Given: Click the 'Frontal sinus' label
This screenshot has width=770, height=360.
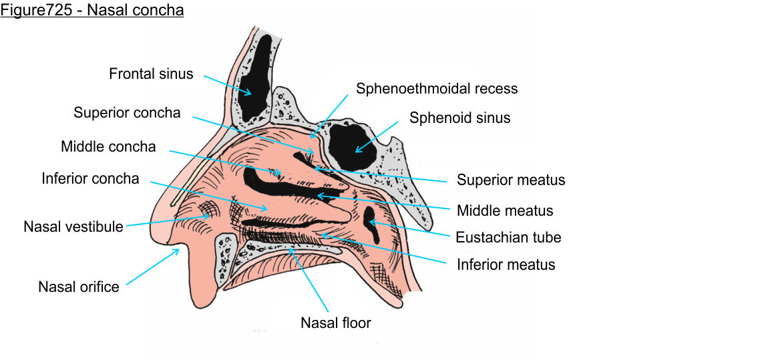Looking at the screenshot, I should (x=151, y=73).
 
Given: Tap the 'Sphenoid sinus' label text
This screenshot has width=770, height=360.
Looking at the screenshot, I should (x=459, y=118).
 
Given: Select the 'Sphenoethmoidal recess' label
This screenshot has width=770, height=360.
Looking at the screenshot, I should (x=437, y=88).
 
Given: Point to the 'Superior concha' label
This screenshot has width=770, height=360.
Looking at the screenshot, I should (x=127, y=113).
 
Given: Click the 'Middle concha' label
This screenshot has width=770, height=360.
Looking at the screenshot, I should (x=108, y=146).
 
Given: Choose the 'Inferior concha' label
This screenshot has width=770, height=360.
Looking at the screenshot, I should (x=90, y=178).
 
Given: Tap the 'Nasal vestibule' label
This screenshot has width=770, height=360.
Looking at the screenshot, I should (x=73, y=226).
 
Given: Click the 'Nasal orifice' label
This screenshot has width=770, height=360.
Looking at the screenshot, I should (x=79, y=287).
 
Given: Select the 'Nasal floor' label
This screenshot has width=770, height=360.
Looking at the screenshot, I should (x=335, y=323).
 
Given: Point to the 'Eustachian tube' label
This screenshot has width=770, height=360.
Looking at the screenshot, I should (x=508, y=237).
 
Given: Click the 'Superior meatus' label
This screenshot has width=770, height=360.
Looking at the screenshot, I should (x=511, y=180).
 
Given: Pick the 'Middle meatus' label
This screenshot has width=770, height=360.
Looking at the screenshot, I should (x=505, y=211).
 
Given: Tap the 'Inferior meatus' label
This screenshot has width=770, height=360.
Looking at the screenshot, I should (x=506, y=264).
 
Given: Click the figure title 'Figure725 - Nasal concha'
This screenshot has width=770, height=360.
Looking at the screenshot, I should (x=92, y=11).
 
